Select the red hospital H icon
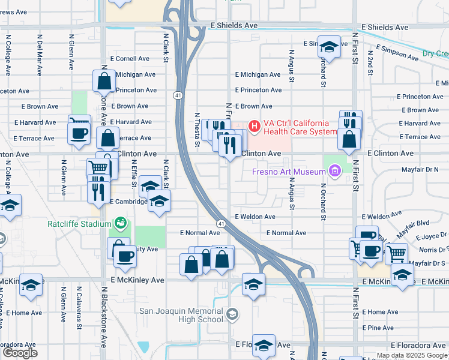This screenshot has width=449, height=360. coord(254,126)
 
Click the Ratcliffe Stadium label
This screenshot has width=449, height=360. coord(80,224)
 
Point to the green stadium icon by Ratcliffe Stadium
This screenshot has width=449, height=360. coord(121,224)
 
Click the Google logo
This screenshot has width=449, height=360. coord(20,353)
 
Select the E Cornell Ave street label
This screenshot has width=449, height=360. coord(130,59)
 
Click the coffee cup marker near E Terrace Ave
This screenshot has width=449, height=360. coord(79,133)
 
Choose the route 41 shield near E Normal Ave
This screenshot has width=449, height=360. coord(221,224)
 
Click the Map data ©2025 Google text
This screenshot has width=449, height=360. coord(411,355)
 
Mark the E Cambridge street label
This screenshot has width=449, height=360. coord(128,202)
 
